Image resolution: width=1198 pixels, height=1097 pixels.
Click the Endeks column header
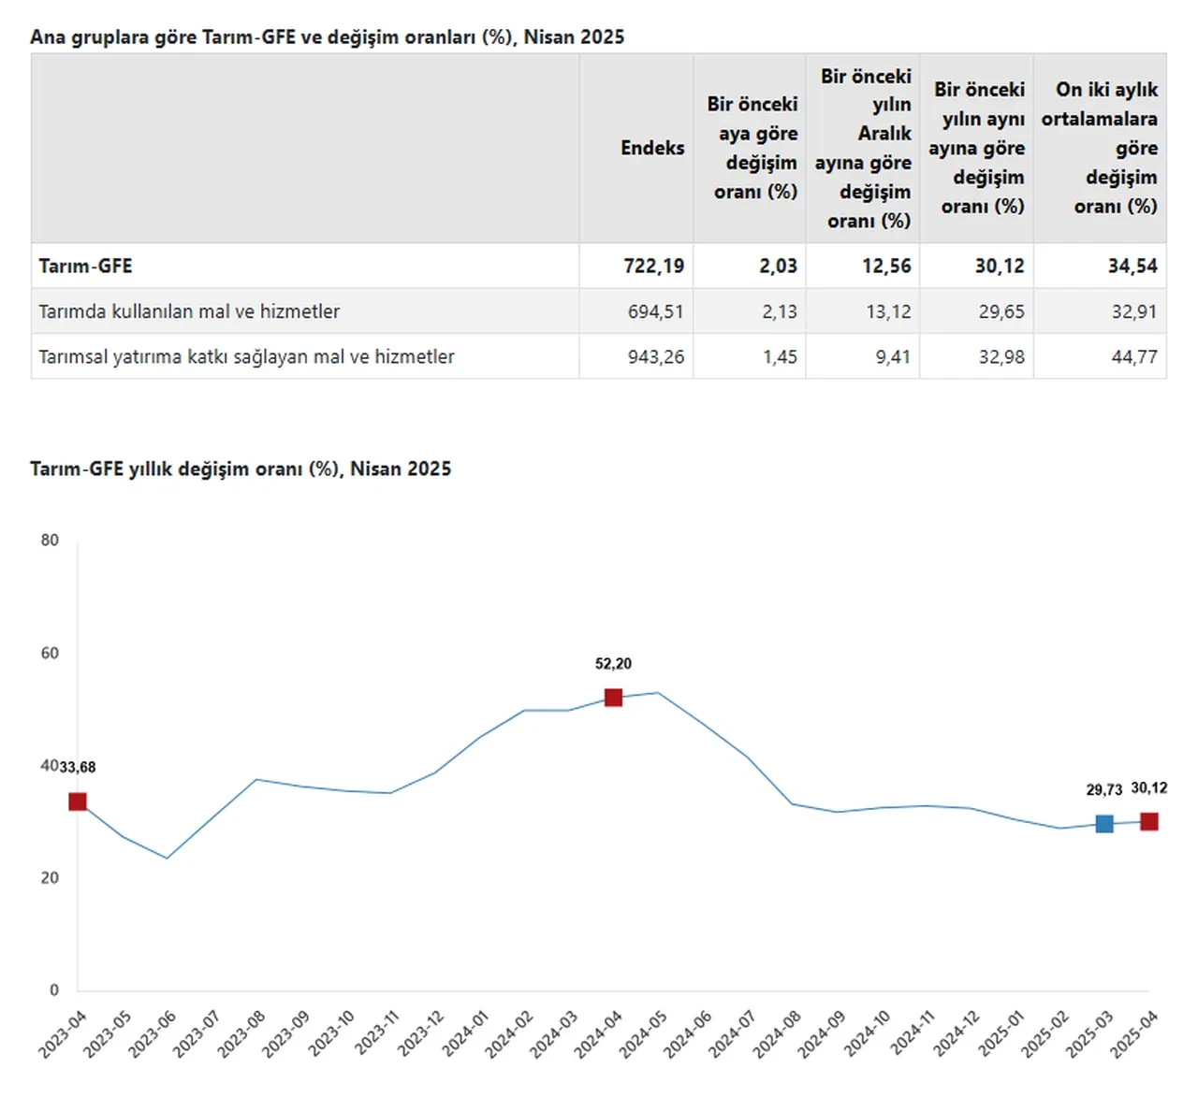pyautogui.click(x=652, y=148)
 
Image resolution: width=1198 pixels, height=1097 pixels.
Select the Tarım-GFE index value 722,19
pyautogui.click(x=654, y=266)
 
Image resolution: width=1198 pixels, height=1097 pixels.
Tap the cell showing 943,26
pyautogui.click(x=656, y=356)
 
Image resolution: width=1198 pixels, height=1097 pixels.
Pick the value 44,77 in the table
pyautogui.click(x=1134, y=356)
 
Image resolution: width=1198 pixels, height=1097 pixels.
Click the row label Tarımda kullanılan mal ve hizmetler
pyautogui.click(x=189, y=311)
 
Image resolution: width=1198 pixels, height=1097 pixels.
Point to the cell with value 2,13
pyautogui.click(x=780, y=311)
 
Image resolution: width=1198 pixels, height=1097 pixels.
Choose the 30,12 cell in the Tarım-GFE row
pyautogui.click(x=1000, y=266)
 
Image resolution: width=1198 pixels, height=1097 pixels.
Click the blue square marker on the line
pyautogui.click(x=1104, y=824)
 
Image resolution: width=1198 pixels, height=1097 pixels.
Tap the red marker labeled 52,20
pyautogui.click(x=613, y=698)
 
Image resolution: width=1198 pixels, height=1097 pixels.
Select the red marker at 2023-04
pyautogui.click(x=78, y=801)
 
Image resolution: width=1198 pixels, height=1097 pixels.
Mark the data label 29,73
pyautogui.click(x=1104, y=790)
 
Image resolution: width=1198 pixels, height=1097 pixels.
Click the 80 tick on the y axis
pyautogui.click(x=50, y=540)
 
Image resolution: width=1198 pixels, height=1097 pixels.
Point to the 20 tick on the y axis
pyautogui.click(x=50, y=877)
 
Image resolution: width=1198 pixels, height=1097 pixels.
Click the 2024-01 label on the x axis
pyautogui.click(x=465, y=1034)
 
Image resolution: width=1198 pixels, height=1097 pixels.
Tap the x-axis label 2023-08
pyautogui.click(x=241, y=1034)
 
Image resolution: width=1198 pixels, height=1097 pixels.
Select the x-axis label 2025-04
pyautogui.click(x=1135, y=1034)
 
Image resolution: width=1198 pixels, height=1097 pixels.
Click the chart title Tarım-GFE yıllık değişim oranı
pyautogui.click(x=241, y=469)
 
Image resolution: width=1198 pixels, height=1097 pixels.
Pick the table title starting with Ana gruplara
pyautogui.click(x=327, y=37)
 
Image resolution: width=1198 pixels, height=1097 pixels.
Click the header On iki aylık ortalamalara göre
pyautogui.click(x=1101, y=148)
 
